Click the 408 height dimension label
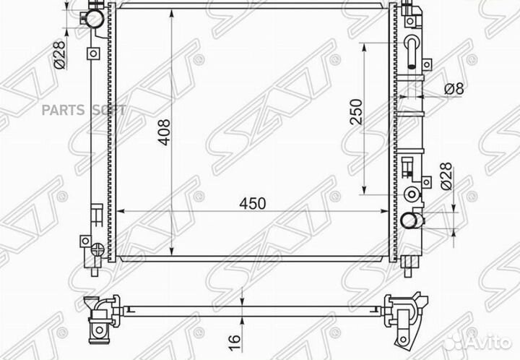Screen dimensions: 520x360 click(164, 132)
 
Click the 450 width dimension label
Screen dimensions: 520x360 click(253, 204)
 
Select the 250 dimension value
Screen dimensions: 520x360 click(357, 111)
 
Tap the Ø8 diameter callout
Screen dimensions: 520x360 click(454, 89)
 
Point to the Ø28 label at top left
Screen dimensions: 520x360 click(59, 55)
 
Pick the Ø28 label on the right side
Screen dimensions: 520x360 click(447, 176)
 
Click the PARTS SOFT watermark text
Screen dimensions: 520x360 click(84, 110)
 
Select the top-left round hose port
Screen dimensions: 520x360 click(93, 18)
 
